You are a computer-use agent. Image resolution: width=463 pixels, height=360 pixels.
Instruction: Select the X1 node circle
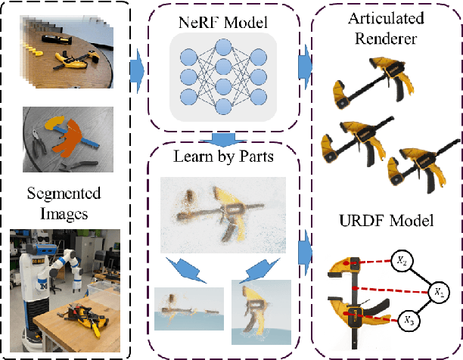coord(438,290)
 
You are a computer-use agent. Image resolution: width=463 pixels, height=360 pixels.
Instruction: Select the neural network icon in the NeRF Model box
coord(219,73)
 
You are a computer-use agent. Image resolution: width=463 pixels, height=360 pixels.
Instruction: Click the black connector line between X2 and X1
coord(421,275)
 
